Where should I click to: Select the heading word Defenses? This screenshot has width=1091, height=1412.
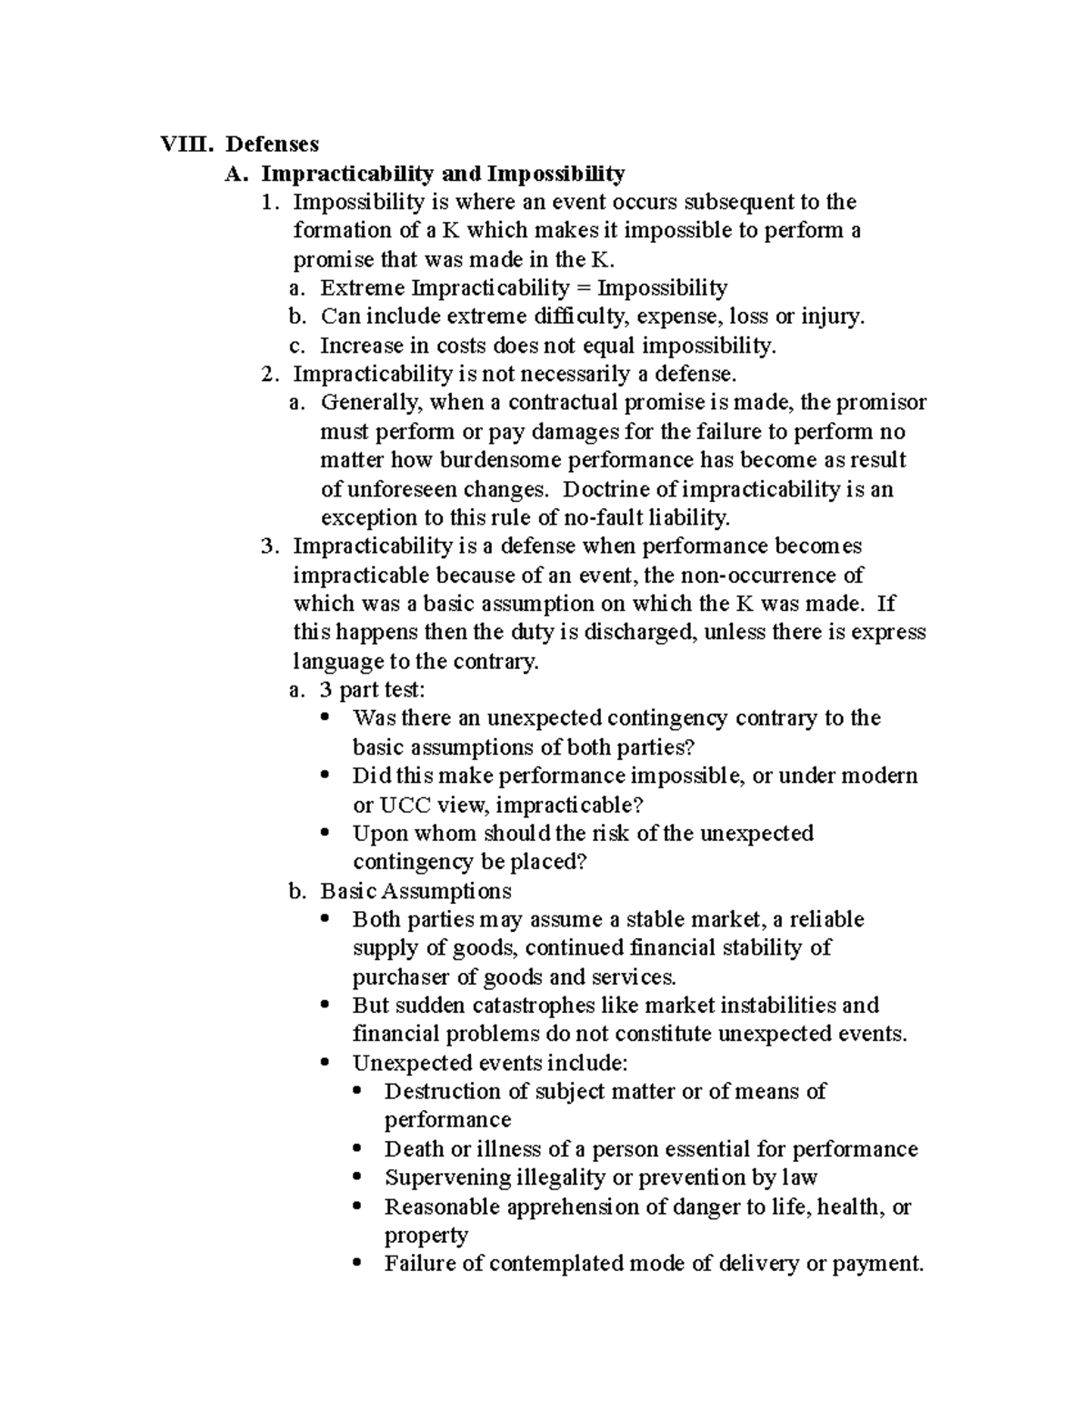[x=273, y=144]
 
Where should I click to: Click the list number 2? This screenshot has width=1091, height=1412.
[x=266, y=374]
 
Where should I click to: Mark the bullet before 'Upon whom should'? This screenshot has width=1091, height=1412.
[x=325, y=833]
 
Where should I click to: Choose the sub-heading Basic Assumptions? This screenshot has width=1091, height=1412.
[x=415, y=890]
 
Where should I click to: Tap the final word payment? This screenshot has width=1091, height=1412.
[x=877, y=1264]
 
